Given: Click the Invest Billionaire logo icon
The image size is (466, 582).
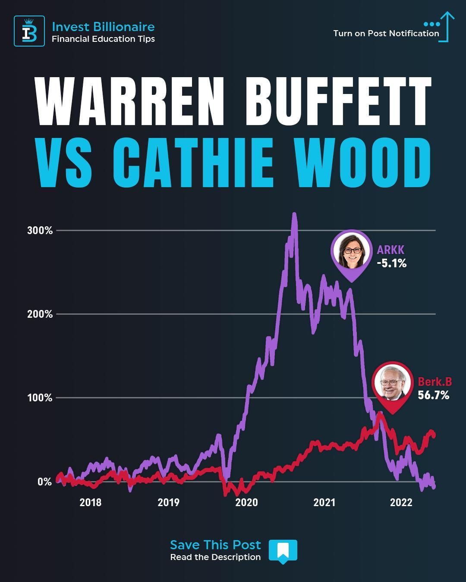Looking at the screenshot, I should [x=29, y=31].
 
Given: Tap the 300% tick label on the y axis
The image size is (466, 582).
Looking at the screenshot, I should [x=40, y=230].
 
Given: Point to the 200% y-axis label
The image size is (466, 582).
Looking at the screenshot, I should [x=40, y=314].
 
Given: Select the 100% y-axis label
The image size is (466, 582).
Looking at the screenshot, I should [x=40, y=397].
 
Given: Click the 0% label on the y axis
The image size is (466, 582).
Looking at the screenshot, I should [x=44, y=482].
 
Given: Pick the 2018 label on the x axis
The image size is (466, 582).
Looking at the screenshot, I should [x=91, y=502].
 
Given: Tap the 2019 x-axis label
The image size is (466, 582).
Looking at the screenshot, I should [x=168, y=502].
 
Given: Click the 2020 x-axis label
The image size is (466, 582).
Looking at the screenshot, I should [x=246, y=502].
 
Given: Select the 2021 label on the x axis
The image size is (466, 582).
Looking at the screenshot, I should [x=324, y=502].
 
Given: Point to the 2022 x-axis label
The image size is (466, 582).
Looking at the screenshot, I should [x=401, y=502].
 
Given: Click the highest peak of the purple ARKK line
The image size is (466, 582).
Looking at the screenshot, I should [x=294, y=214].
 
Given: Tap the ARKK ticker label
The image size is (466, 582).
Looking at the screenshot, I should [x=390, y=250].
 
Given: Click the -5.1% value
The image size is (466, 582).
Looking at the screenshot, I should [x=392, y=263].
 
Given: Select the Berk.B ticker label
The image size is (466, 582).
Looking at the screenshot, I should [x=435, y=382].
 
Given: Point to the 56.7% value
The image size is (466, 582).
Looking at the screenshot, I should [x=433, y=395].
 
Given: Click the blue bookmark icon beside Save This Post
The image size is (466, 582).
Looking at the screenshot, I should [x=283, y=551].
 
